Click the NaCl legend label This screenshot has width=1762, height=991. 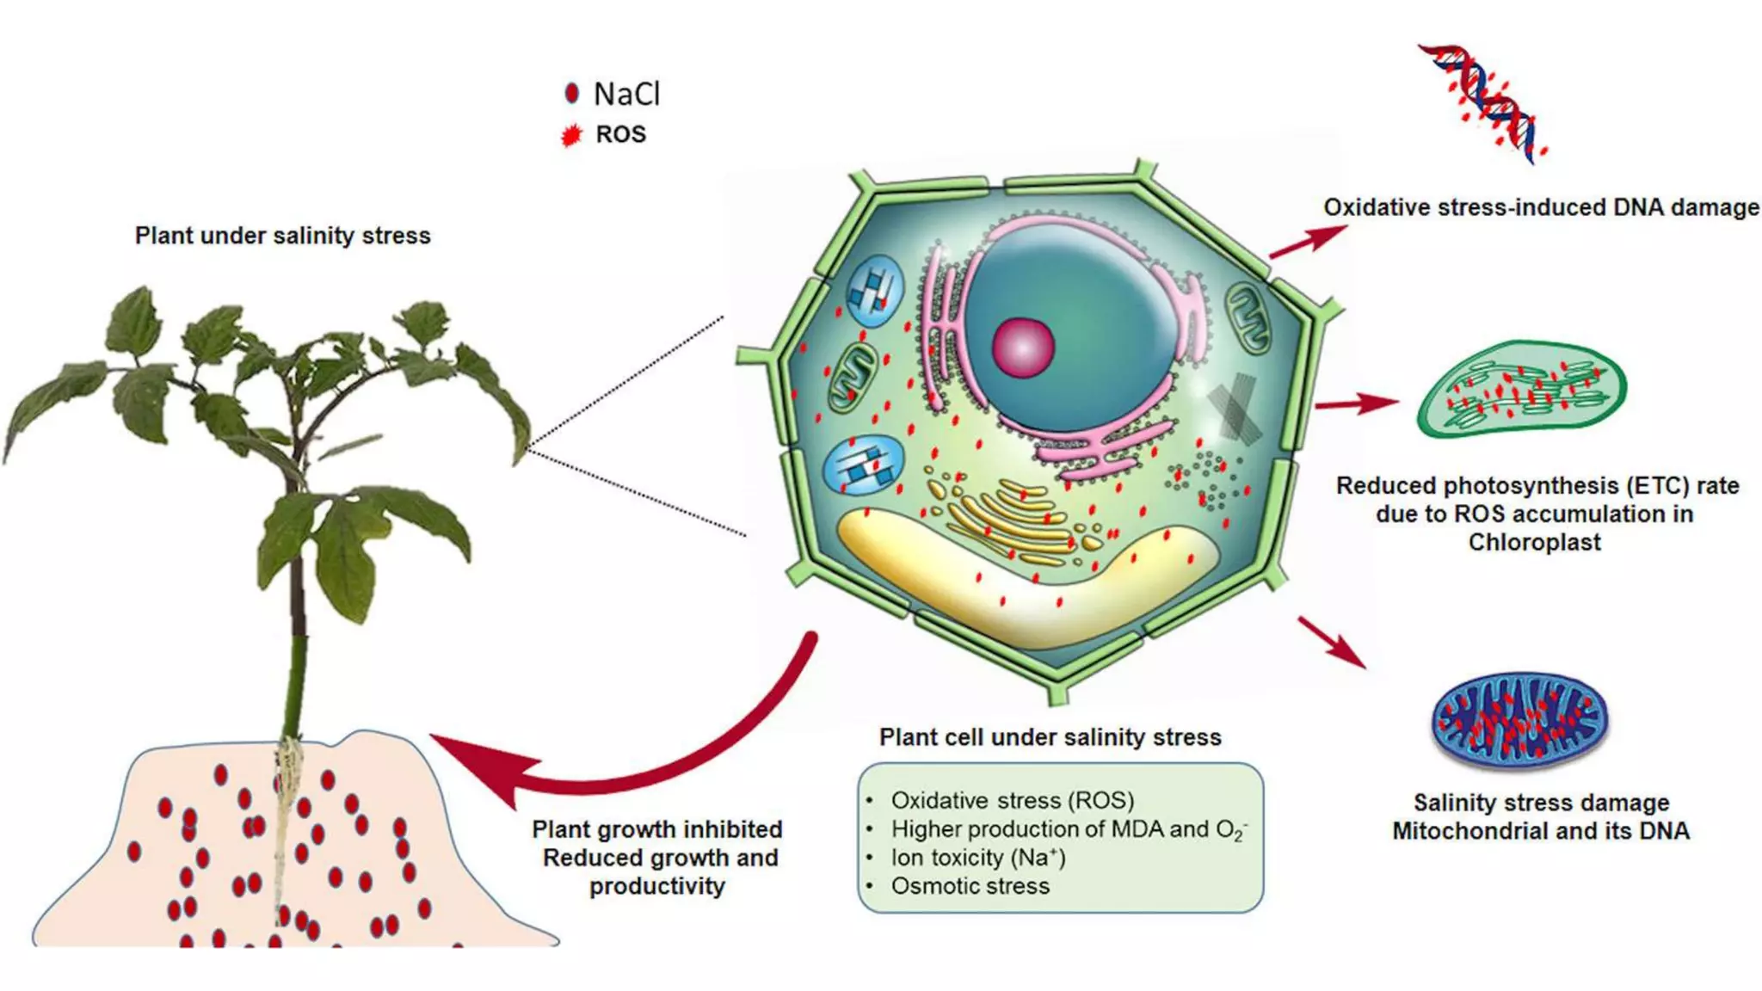tap(626, 94)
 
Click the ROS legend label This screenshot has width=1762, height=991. tap(620, 135)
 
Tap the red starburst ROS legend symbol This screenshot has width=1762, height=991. tap(570, 136)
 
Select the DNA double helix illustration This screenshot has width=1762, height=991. tap(1482, 103)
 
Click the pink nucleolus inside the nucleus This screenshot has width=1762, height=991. tap(1023, 347)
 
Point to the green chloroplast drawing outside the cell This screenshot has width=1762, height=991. tap(1522, 389)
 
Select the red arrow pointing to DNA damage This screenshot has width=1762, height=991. tap(1309, 242)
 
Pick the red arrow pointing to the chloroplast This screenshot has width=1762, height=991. tap(1357, 403)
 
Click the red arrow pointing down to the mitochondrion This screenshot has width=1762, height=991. tap(1332, 642)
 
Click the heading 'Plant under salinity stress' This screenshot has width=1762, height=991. tap(282, 236)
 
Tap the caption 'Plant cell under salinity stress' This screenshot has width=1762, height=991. tap(1050, 737)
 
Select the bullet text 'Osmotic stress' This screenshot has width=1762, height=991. tap(970, 886)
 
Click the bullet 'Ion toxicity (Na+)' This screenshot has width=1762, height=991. tap(978, 858)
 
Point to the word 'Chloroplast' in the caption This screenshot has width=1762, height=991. tap(1535, 543)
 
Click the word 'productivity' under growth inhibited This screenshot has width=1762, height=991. tap(657, 887)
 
